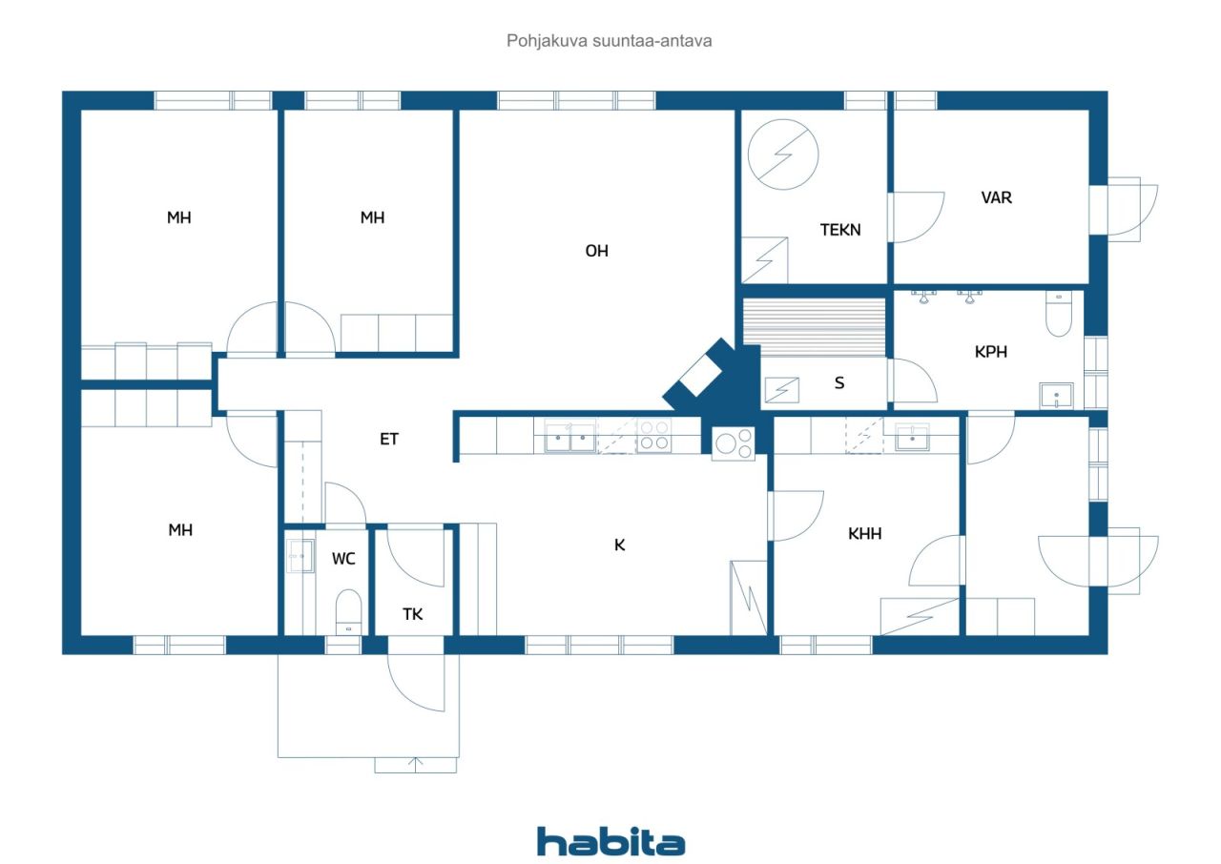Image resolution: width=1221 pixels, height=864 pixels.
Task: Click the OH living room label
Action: (597, 252)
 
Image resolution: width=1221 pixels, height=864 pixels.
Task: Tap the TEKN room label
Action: (840, 230)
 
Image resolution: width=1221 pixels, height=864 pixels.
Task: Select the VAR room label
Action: (997, 198)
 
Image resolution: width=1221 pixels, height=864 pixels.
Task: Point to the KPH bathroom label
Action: (991, 352)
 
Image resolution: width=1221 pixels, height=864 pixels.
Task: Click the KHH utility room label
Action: (865, 534)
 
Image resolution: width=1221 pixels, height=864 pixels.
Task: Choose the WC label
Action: (343, 559)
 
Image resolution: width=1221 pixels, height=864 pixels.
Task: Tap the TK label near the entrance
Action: (412, 614)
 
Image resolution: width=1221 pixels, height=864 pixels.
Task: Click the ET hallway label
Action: (389, 440)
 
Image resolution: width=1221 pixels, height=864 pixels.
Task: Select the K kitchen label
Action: (620, 545)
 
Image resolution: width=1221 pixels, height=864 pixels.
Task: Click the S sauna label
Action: (839, 383)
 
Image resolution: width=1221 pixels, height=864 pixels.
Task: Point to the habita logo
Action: (610, 842)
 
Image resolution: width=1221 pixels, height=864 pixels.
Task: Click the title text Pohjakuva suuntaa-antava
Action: (610, 41)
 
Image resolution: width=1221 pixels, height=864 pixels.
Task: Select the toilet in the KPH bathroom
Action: (1060, 313)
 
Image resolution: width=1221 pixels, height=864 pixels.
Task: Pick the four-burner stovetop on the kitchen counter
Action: (654, 436)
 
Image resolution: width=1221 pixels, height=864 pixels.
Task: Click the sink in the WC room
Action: (300, 555)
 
